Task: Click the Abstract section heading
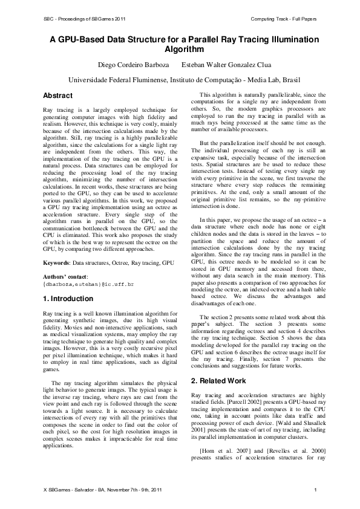pyautogui.click(x=58, y=96)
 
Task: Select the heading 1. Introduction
pyautogui.click(x=68, y=299)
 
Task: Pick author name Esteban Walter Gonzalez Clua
pyautogui.click(x=223, y=65)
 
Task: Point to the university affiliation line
pyautogui.click(x=180, y=79)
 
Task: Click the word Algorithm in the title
pyautogui.click(x=180, y=50)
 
